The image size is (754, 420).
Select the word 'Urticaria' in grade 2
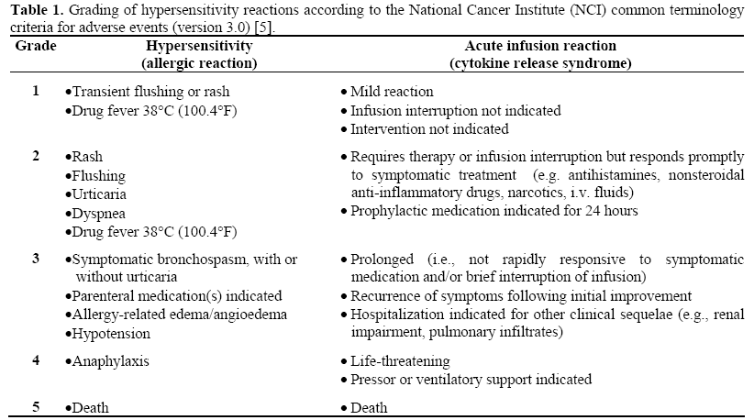point(100,194)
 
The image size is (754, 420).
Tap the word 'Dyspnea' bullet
point(97,213)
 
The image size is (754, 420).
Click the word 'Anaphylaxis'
point(107,360)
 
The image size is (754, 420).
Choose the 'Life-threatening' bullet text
point(400,360)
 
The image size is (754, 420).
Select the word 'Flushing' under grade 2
point(99,175)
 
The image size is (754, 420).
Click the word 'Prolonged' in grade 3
point(382,259)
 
